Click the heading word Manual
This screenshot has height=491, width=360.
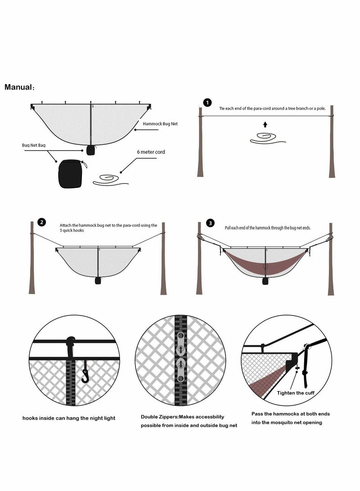[x=18, y=87]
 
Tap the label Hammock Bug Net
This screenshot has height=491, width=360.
[x=160, y=124]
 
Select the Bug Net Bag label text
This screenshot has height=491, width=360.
[x=33, y=145]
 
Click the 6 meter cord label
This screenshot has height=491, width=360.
[x=151, y=152]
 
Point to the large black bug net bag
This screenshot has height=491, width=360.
[x=71, y=174]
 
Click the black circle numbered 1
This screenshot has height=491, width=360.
[x=207, y=103]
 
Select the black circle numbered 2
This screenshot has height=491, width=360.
[x=42, y=222]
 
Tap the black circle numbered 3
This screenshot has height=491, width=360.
[x=210, y=223]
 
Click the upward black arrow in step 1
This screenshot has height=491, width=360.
[x=265, y=124]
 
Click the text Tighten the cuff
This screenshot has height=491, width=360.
[x=296, y=393]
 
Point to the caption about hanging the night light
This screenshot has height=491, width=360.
[x=69, y=418]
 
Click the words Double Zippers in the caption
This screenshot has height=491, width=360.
[x=159, y=417]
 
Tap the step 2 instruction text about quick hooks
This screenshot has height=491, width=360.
[x=108, y=228]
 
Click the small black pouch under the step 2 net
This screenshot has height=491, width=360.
[x=98, y=280]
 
